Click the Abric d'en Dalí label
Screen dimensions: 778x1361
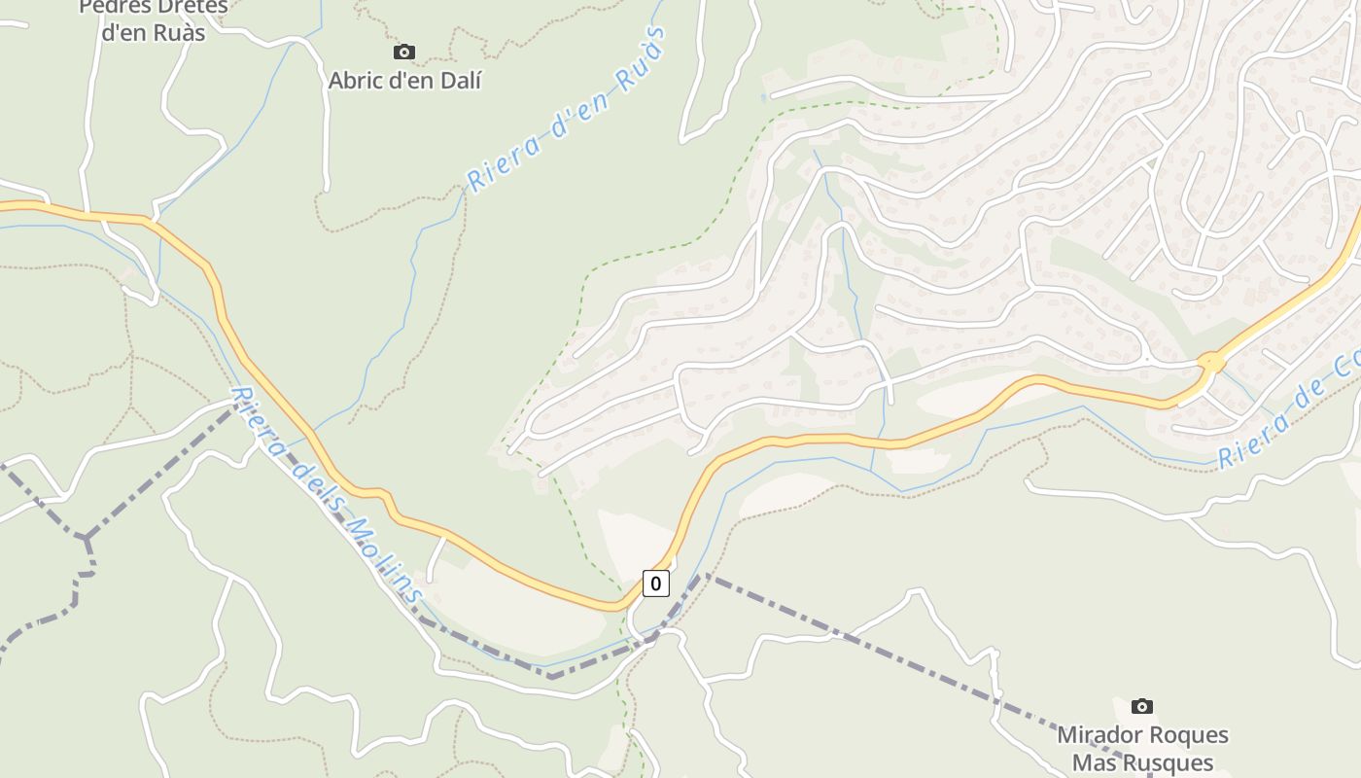pos(404,81)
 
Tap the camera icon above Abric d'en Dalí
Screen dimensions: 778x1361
pos(404,53)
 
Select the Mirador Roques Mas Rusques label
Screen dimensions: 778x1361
pos(1143,749)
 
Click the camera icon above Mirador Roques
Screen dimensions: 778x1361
pos(1142,706)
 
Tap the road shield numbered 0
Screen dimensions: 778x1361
pos(656,583)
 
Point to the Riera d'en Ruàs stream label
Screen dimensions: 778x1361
pos(569,109)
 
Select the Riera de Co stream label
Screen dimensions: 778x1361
pos(1288,413)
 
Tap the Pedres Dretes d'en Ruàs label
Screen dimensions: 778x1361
pos(154,19)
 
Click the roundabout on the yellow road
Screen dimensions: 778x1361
pos(1211,362)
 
